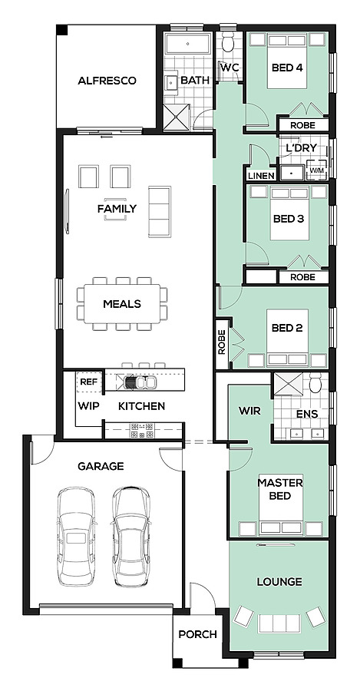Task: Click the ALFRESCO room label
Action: click(x=107, y=81)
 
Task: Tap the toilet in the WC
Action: click(x=228, y=43)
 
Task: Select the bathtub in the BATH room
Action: click(x=188, y=44)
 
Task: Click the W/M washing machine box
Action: click(x=316, y=169)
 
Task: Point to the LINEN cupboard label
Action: click(x=261, y=176)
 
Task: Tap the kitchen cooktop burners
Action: click(x=142, y=431)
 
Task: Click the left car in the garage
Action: click(x=76, y=536)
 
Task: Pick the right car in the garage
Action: click(x=132, y=537)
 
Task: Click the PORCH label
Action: click(x=197, y=635)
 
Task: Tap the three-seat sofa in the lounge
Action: click(x=279, y=623)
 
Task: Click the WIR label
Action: click(x=249, y=412)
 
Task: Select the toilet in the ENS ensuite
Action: click(x=315, y=382)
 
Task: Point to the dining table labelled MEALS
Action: click(x=121, y=303)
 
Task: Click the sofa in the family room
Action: click(x=160, y=212)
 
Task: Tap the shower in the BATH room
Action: click(x=177, y=117)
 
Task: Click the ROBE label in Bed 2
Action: click(x=222, y=342)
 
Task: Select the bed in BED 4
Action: click(x=287, y=61)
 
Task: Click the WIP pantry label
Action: click(x=88, y=406)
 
